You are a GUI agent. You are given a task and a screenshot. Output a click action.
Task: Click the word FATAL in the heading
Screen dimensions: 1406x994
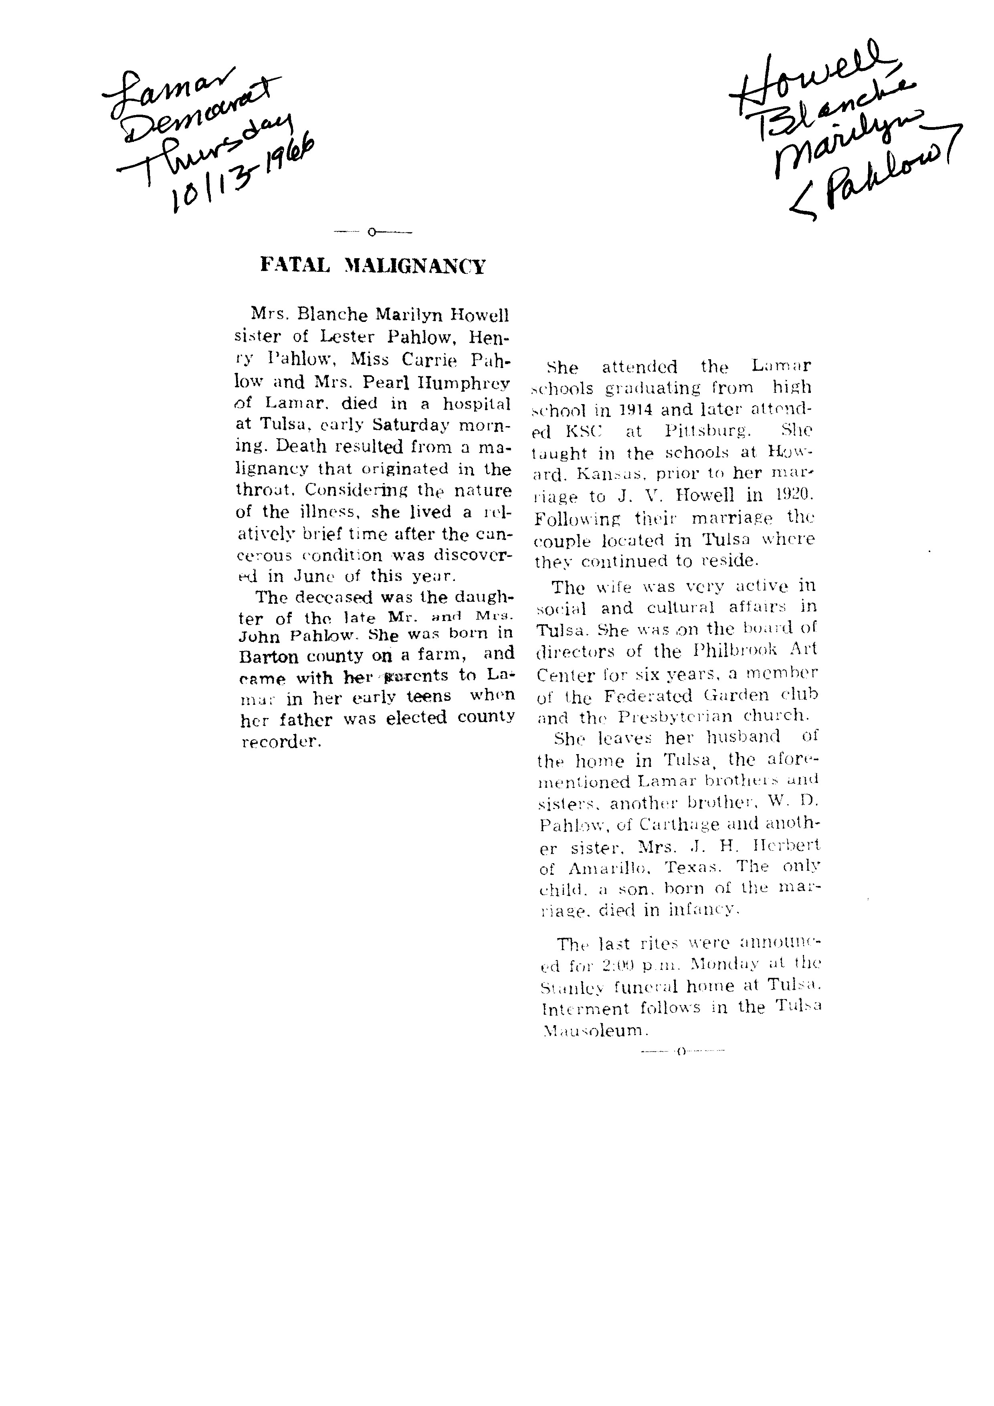pos(295,265)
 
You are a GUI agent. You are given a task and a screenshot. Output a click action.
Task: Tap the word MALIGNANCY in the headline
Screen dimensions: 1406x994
pos(415,266)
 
